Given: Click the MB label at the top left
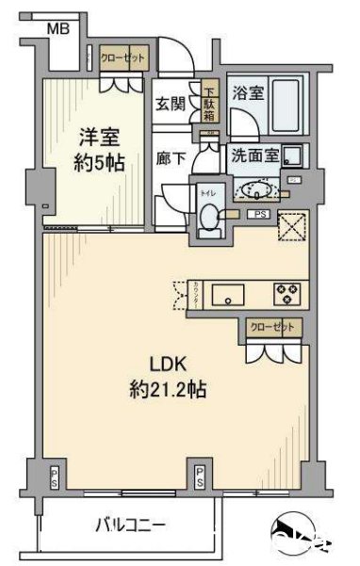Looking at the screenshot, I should click(x=58, y=29).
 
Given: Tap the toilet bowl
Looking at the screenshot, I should click(x=208, y=218).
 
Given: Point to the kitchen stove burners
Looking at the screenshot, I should click(x=286, y=293).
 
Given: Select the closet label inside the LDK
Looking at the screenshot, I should click(x=271, y=328).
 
